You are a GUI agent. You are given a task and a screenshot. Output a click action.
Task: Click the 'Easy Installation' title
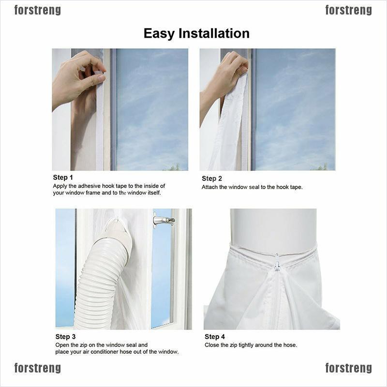coord(196,33)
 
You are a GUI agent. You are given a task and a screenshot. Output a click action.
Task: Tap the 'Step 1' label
coord(63,178)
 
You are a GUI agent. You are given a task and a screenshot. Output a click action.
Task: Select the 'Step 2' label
coord(212,179)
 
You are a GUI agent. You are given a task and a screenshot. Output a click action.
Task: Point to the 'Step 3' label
coord(66,337)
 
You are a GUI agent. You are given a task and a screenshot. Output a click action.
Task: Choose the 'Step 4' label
coord(215,337)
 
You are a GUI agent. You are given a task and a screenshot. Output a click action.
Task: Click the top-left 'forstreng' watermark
coord(38,10)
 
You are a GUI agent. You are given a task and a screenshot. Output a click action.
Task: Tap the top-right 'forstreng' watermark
coord(348,10)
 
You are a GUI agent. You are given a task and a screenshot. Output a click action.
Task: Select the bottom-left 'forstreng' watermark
coord(38,368)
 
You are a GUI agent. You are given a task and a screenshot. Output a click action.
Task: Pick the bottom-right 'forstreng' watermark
coord(348,368)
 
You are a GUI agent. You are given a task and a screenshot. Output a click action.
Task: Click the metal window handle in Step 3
coord(164,221)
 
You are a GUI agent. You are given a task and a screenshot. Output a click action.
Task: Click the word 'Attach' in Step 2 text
coord(210,187)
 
